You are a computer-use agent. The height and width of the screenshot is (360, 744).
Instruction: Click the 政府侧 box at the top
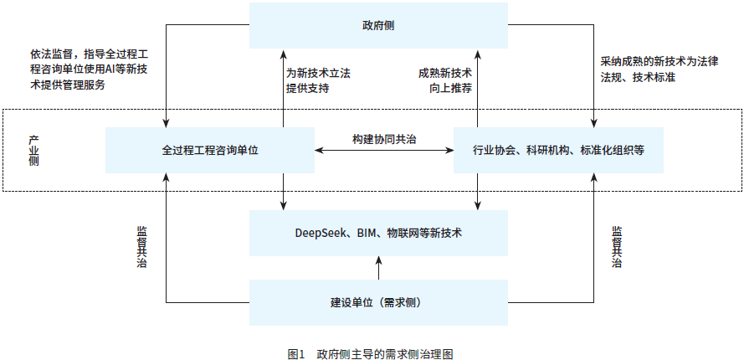coord(378,25)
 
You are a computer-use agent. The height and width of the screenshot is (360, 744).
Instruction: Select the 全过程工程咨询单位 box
coord(210,151)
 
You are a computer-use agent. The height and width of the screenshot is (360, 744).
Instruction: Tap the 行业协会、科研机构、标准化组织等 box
coord(557,151)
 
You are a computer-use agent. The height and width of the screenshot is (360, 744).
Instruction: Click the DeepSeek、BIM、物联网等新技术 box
coord(378,232)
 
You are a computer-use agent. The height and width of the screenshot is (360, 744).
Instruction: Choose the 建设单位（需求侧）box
coord(378,301)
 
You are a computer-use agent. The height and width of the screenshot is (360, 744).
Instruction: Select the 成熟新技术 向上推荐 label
coord(445,80)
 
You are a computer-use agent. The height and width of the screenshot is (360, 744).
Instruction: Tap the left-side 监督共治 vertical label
coord(141,245)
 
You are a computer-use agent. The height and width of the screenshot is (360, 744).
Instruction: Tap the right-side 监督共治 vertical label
coord(617,245)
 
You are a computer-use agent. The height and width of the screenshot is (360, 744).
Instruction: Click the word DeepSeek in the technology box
coord(321,232)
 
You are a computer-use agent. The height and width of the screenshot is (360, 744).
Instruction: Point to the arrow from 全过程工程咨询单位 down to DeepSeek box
coord(284,192)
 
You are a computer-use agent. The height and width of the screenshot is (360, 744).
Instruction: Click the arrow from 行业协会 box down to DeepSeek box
coord(477,192)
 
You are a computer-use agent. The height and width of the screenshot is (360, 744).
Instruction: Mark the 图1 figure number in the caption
coord(295,353)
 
